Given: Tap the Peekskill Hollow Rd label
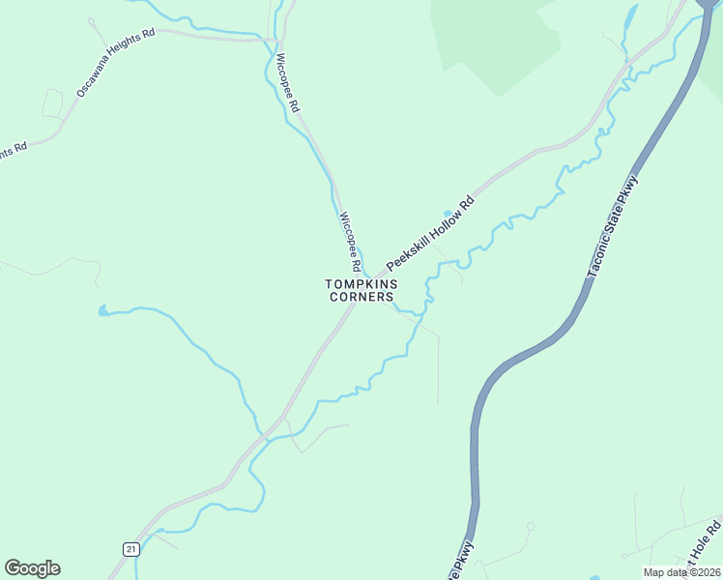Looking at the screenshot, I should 431,232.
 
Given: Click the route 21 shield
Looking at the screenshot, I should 130,548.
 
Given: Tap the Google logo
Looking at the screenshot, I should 32,568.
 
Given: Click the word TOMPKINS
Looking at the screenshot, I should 361,284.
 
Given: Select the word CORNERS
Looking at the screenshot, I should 361,298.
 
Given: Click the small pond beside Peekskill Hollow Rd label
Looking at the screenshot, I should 448,213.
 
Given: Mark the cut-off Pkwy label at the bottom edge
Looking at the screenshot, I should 461,561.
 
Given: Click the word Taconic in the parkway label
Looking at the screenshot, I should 597,260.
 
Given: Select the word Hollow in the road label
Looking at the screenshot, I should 436,227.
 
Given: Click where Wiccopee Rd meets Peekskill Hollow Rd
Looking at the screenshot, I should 370,275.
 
